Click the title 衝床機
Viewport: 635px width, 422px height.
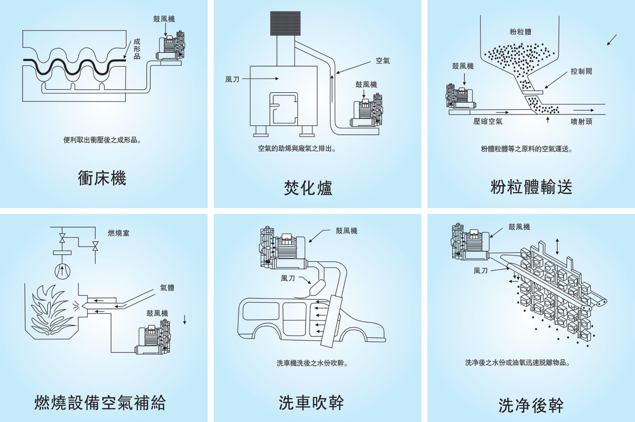coord(102,178)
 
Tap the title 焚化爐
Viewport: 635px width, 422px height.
coord(308,188)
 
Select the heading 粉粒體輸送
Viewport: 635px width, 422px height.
coord(531,187)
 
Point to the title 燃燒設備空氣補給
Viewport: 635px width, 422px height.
coord(100,403)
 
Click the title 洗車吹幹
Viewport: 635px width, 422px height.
coord(311,403)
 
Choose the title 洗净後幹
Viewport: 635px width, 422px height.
coord(531,405)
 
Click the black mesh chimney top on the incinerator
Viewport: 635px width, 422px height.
coord(285,23)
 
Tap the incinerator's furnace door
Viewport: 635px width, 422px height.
coord(284,108)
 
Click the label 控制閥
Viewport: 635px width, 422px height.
coord(581,71)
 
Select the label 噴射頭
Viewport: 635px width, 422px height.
coord(581,122)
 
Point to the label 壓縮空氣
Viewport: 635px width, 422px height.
coord(488,122)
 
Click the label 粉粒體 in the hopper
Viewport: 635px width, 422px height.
coord(520,32)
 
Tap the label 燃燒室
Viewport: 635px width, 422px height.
coord(119,233)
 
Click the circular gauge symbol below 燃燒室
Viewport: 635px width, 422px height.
coord(62,271)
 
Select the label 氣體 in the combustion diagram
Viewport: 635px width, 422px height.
coord(167,287)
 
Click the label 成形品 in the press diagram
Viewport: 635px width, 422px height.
coord(137,49)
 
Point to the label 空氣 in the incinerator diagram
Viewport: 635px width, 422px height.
coord(383,61)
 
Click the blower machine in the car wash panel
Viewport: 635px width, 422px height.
coord(283,249)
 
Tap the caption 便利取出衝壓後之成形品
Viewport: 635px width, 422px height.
coord(102,140)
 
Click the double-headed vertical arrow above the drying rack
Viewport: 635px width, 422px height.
coord(558,246)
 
